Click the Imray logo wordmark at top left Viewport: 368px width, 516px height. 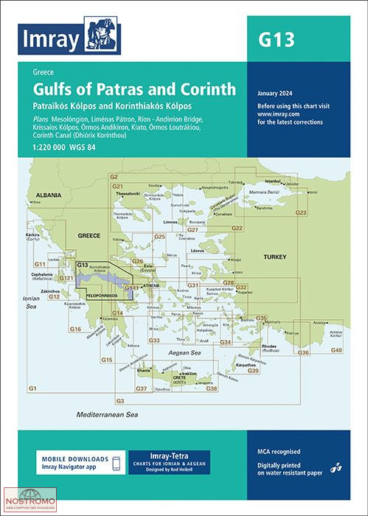(50, 39)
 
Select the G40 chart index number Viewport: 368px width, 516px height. (336, 349)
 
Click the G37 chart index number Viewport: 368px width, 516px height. (142, 388)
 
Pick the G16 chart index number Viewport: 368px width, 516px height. (75, 328)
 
